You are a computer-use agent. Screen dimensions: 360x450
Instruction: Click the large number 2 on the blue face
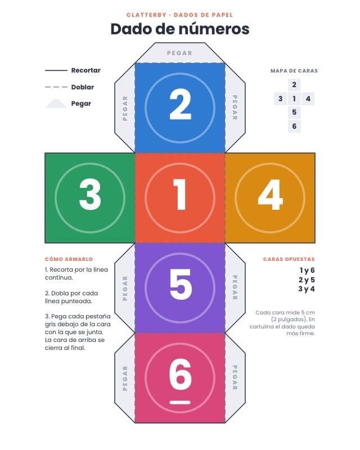click(181, 105)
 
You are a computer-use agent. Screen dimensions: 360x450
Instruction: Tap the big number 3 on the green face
click(90, 194)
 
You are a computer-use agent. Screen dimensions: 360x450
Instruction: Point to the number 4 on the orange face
click(271, 195)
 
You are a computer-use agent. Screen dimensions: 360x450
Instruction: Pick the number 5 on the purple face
click(181, 285)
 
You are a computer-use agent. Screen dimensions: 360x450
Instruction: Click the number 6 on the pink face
click(181, 374)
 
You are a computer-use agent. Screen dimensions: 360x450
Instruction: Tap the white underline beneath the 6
click(180, 402)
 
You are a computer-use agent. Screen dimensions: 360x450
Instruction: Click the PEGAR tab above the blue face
click(179, 53)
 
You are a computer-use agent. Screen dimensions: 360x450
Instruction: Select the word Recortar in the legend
click(86, 70)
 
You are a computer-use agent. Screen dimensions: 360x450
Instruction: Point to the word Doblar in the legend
click(83, 87)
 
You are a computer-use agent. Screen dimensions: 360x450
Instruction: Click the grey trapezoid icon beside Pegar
click(56, 103)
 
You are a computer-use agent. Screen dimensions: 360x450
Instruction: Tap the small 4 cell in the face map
click(308, 99)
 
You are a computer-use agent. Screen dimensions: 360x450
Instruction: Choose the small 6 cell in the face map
click(294, 126)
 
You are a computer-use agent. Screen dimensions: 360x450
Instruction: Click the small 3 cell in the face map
click(281, 99)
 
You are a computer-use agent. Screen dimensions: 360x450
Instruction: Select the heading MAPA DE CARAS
click(294, 71)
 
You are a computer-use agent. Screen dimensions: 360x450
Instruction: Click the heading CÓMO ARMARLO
click(69, 259)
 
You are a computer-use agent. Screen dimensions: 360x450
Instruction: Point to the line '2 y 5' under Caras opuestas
click(307, 280)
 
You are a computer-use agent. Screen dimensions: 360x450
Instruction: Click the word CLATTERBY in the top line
click(146, 15)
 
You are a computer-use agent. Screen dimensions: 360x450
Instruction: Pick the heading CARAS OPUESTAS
click(289, 259)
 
